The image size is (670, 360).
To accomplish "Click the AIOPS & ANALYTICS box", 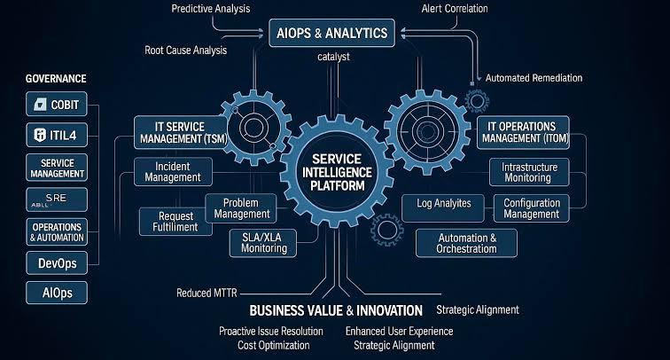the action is [x=331, y=33].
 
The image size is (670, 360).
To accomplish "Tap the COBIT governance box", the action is [x=57, y=104].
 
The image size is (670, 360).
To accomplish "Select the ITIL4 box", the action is [x=57, y=135].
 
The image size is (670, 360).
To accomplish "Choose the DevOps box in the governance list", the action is [x=57, y=262].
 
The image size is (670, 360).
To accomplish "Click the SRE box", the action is [x=57, y=200].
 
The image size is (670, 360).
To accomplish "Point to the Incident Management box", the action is [x=173, y=172].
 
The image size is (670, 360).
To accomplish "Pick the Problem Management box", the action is [x=241, y=208].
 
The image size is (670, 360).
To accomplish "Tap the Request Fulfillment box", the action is [x=175, y=222].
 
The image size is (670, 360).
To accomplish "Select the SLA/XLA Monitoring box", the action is [x=263, y=243].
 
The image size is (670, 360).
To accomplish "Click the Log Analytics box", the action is [x=443, y=207].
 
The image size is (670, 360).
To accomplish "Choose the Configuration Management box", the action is [x=531, y=208].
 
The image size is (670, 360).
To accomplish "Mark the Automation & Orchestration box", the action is [x=466, y=243].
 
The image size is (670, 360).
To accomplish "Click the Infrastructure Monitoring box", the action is [x=529, y=172].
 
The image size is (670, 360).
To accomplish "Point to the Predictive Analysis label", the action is [x=211, y=9].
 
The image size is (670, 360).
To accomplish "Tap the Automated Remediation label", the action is [x=534, y=78].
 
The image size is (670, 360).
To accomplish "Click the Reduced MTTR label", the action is [x=206, y=293].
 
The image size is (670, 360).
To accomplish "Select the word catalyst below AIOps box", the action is [x=333, y=57].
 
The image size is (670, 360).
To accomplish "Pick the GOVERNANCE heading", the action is [x=56, y=79].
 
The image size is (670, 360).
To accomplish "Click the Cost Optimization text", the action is [x=274, y=345].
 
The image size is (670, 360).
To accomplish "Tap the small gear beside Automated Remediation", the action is [x=477, y=101].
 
